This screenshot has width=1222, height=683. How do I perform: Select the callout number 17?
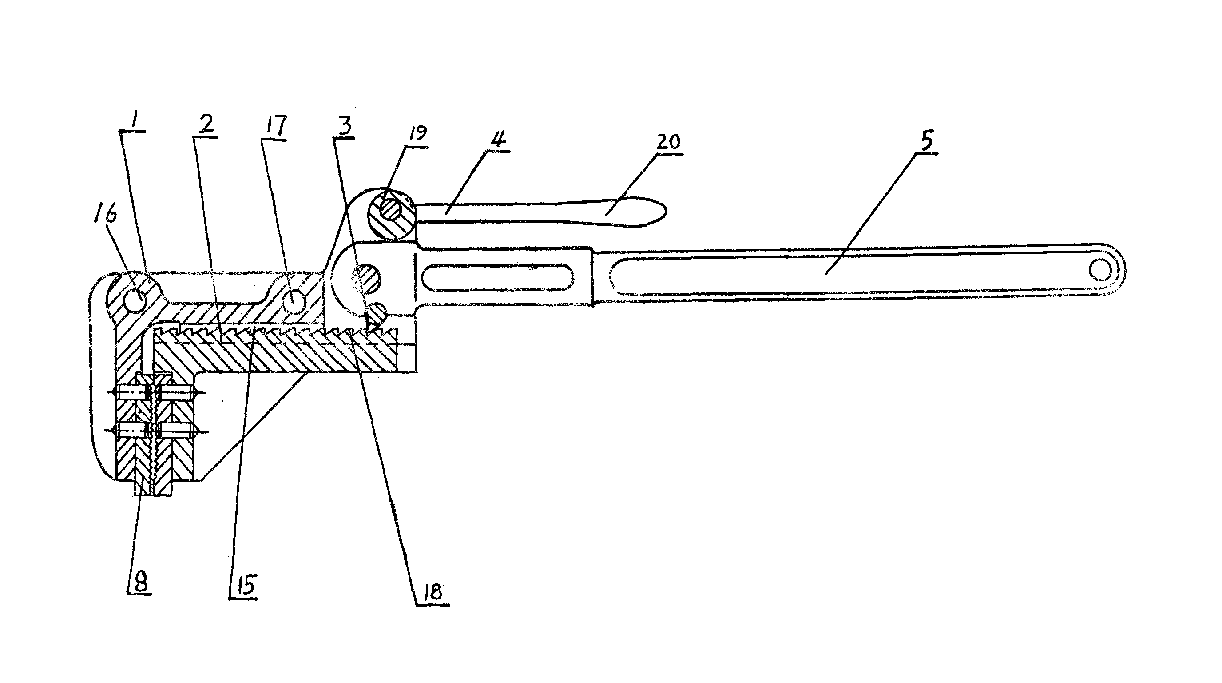pos(277,126)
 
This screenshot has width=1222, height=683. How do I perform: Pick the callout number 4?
pos(498,138)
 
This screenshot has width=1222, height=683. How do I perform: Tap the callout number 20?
pos(668,142)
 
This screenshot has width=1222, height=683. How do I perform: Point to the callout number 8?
pos(139,580)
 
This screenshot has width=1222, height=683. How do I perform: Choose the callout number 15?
pos(245,585)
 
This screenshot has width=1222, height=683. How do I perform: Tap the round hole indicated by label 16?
pos(136,300)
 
